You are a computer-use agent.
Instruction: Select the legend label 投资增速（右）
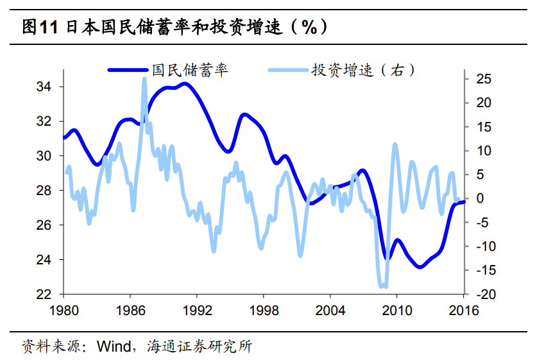click(x=363, y=69)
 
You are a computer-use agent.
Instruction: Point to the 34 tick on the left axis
click(x=52, y=87)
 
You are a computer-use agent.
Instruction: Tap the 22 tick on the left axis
click(x=52, y=295)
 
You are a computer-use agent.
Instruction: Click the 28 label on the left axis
click(x=52, y=191)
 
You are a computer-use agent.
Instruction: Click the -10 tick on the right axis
click(x=482, y=246)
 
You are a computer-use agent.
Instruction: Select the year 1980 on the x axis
click(x=64, y=310)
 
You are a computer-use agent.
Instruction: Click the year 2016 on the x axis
click(x=463, y=310)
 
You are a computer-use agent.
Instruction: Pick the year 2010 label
click(x=396, y=310)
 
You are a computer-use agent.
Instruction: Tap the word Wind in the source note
click(x=114, y=347)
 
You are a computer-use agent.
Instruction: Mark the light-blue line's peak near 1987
click(x=144, y=80)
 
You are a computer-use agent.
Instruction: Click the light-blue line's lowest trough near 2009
click(x=383, y=286)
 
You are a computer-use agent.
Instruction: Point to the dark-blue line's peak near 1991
click(x=185, y=83)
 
